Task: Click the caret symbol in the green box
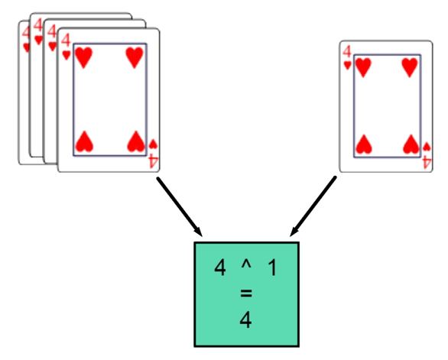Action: [x=246, y=265]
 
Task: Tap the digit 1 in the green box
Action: [x=273, y=268]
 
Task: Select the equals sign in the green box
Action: [x=246, y=294]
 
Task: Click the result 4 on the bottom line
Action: [x=245, y=320]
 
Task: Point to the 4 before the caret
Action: [x=220, y=268]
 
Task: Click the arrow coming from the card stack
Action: [x=180, y=207]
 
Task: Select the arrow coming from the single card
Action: [x=313, y=206]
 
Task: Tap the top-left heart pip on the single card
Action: [x=363, y=67]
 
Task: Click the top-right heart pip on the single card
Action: [x=410, y=67]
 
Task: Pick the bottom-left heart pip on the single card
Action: [x=364, y=144]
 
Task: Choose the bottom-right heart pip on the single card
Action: [x=411, y=144]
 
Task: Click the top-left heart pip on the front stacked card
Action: [x=83, y=58]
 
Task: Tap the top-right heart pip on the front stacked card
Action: [x=135, y=58]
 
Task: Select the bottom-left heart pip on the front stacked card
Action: [x=84, y=141]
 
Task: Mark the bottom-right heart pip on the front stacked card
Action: [x=135, y=141]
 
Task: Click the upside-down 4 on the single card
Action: [x=427, y=163]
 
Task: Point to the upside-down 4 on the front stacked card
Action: [x=153, y=161]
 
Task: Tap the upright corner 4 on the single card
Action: [x=347, y=52]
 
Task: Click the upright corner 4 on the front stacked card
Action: [x=66, y=41]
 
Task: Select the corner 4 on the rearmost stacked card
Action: [x=26, y=32]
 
